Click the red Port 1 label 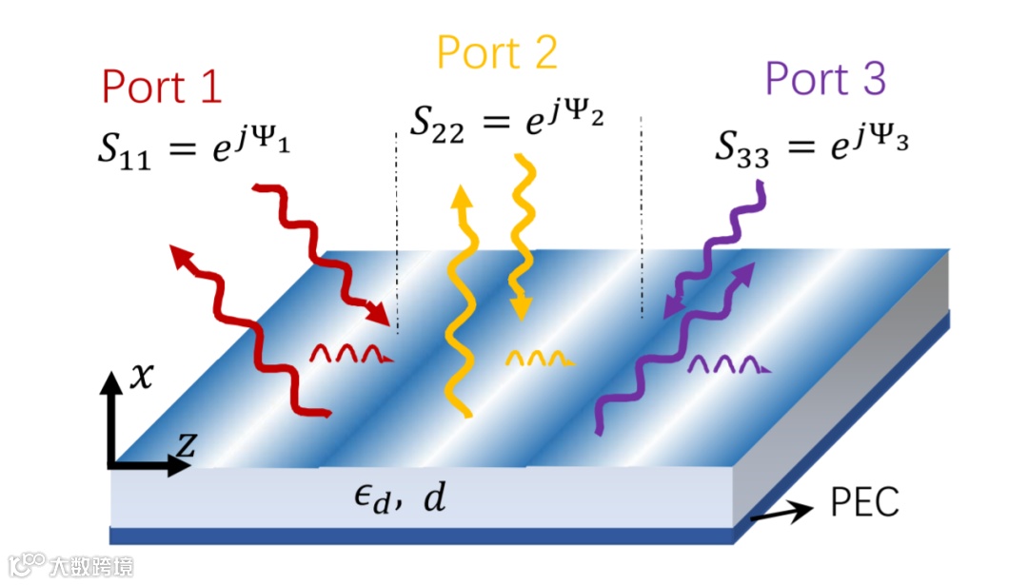[162, 87]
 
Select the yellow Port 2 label [496, 53]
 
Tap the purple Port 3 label [825, 79]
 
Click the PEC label [864, 502]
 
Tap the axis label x [140, 379]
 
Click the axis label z [187, 442]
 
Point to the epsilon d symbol [366, 497]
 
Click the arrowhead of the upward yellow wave [462, 197]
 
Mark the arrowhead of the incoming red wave [380, 315]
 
